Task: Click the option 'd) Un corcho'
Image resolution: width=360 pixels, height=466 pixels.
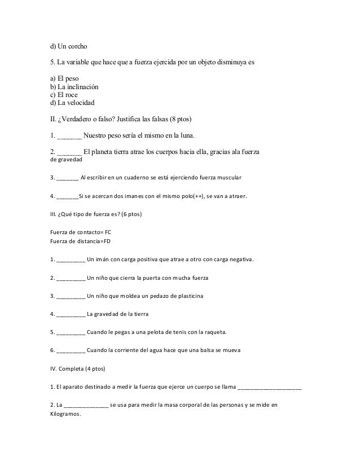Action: [x=69, y=45]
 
